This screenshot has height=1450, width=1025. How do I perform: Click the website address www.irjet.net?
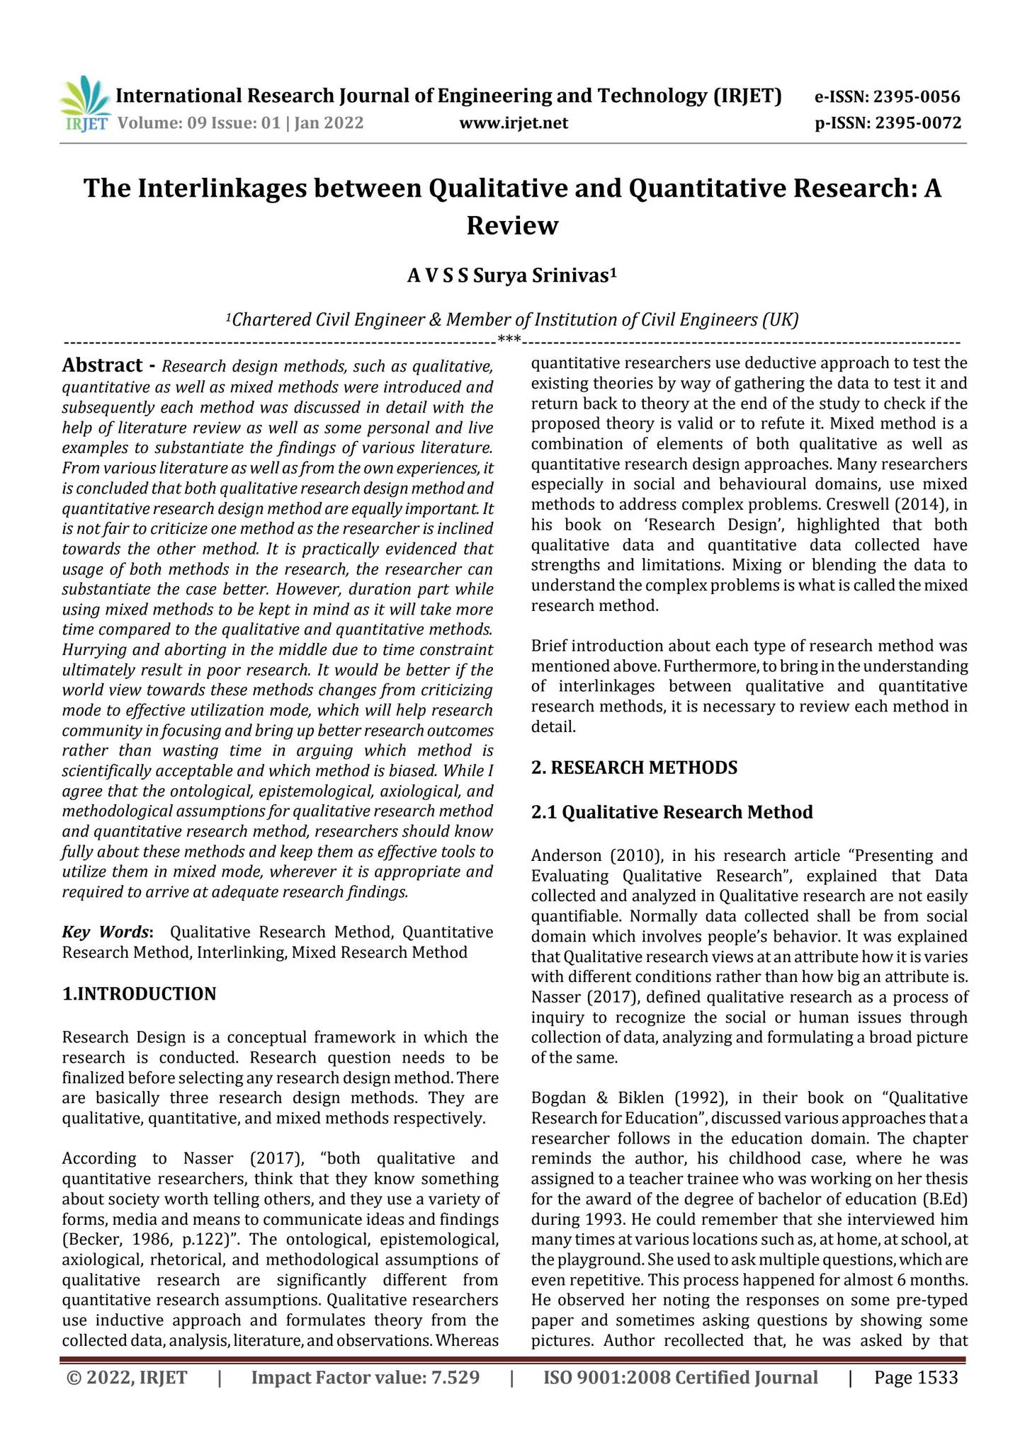(514, 124)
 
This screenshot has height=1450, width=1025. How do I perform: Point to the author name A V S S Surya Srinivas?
(511, 275)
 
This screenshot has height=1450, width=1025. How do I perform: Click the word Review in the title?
(512, 226)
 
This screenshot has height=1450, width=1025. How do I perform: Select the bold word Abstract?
(103, 366)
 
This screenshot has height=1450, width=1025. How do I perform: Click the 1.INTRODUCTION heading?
(139, 994)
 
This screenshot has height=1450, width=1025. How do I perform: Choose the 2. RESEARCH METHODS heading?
(634, 767)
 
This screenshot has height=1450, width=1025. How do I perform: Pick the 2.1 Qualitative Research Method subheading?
(672, 812)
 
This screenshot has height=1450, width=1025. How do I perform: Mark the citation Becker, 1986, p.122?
(127, 1240)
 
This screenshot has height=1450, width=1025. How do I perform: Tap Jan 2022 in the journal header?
(329, 124)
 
